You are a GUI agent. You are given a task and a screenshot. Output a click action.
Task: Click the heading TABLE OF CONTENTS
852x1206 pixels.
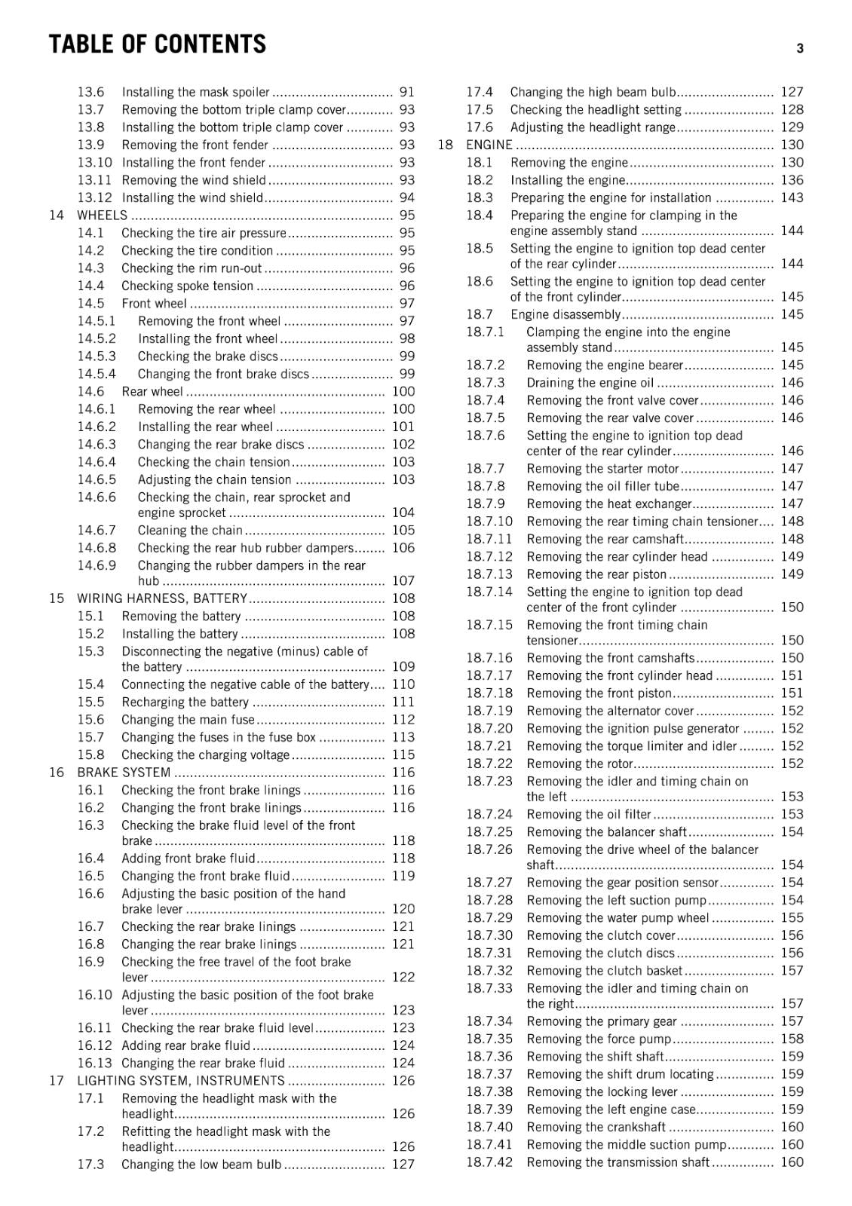(157, 44)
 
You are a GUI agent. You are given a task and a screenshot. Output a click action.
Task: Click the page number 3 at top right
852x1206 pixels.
(799, 48)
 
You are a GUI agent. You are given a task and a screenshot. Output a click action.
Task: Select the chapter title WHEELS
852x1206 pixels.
(103, 216)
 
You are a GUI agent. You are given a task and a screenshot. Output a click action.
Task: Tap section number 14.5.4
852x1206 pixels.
(97, 374)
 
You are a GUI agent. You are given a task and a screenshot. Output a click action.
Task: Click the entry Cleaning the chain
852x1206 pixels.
(190, 531)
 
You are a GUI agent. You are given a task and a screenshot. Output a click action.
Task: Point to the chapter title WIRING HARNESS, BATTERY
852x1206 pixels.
(162, 598)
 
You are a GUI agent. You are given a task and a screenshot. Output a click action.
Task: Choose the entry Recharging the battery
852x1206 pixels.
(185, 702)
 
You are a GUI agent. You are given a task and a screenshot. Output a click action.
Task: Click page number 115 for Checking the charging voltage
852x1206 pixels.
(403, 755)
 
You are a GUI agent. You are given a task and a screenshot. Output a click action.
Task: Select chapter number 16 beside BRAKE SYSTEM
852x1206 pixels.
(57, 773)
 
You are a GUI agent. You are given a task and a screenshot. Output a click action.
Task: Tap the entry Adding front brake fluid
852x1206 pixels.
(188, 859)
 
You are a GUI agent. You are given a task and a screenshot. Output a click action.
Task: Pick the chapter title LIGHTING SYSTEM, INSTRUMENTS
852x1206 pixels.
(181, 1081)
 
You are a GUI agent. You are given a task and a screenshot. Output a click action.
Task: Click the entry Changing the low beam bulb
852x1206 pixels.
(201, 1165)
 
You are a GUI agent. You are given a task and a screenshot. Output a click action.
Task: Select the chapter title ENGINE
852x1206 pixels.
(489, 145)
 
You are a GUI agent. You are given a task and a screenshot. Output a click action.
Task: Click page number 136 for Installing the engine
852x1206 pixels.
(792, 180)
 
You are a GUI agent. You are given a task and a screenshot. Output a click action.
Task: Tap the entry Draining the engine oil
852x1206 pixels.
(590, 383)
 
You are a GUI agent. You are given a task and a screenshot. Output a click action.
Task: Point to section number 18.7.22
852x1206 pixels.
(489, 764)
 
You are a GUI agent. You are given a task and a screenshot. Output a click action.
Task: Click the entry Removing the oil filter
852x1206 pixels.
(589, 815)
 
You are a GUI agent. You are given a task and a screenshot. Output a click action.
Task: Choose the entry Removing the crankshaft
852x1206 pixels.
(596, 1128)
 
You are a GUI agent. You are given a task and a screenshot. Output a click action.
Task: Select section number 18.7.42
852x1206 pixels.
(489, 1162)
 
